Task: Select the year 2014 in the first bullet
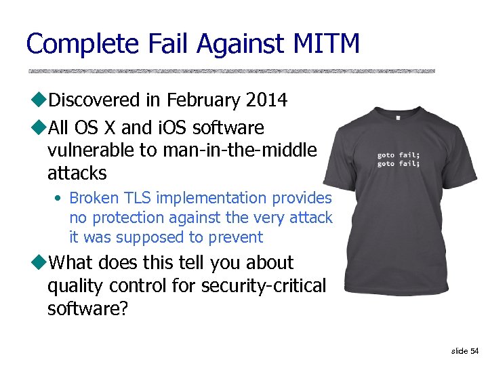point(266,101)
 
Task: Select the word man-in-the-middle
point(239,150)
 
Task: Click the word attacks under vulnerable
point(77,174)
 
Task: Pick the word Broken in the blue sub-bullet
point(95,198)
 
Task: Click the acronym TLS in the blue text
point(138,198)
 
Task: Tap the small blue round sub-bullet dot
point(60,199)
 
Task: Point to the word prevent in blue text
point(236,237)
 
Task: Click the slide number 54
point(474,350)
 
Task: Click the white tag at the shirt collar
point(399,117)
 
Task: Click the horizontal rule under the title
point(231,70)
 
